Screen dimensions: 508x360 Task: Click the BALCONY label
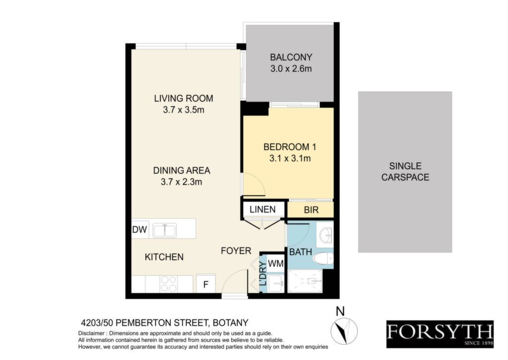click(x=291, y=58)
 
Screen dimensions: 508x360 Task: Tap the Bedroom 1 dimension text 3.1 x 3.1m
click(x=290, y=158)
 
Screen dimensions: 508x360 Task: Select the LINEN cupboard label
click(x=263, y=209)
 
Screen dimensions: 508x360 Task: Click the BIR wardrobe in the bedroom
click(x=311, y=210)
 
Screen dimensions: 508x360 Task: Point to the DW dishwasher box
click(x=139, y=230)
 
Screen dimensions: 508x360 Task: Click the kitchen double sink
click(x=165, y=231)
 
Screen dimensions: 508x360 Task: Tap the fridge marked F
click(x=206, y=284)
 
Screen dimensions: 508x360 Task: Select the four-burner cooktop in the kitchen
click(x=169, y=284)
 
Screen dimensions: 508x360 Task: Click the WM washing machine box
click(x=275, y=263)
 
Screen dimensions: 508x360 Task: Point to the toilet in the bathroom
click(x=323, y=258)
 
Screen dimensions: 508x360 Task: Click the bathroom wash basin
click(x=325, y=235)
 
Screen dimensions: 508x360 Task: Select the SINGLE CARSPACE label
click(x=405, y=172)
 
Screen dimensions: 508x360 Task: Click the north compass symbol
click(x=344, y=331)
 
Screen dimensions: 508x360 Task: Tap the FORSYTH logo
click(x=440, y=334)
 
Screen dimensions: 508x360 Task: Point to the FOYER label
click(x=236, y=251)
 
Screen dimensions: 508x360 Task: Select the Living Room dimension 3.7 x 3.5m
click(x=184, y=110)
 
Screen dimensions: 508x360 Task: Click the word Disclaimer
click(x=91, y=333)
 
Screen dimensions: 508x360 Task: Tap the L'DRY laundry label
click(x=263, y=274)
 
